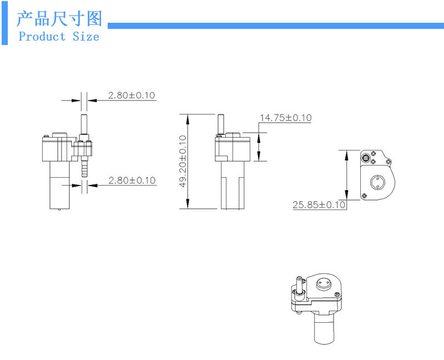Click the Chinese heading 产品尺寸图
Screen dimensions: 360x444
[x=59, y=18]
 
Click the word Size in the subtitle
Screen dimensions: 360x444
[x=85, y=37]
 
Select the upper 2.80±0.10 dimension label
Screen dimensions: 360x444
[x=132, y=95]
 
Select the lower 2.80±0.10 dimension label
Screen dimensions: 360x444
[x=132, y=181]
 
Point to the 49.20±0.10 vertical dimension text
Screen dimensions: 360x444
[x=183, y=161]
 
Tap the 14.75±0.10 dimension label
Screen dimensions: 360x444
[x=285, y=118]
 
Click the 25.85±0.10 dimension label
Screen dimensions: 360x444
[x=319, y=205]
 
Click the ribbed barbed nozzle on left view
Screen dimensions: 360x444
[x=84, y=167]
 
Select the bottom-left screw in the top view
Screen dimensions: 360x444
[x=364, y=195]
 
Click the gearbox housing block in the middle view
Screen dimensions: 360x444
[x=230, y=146]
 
